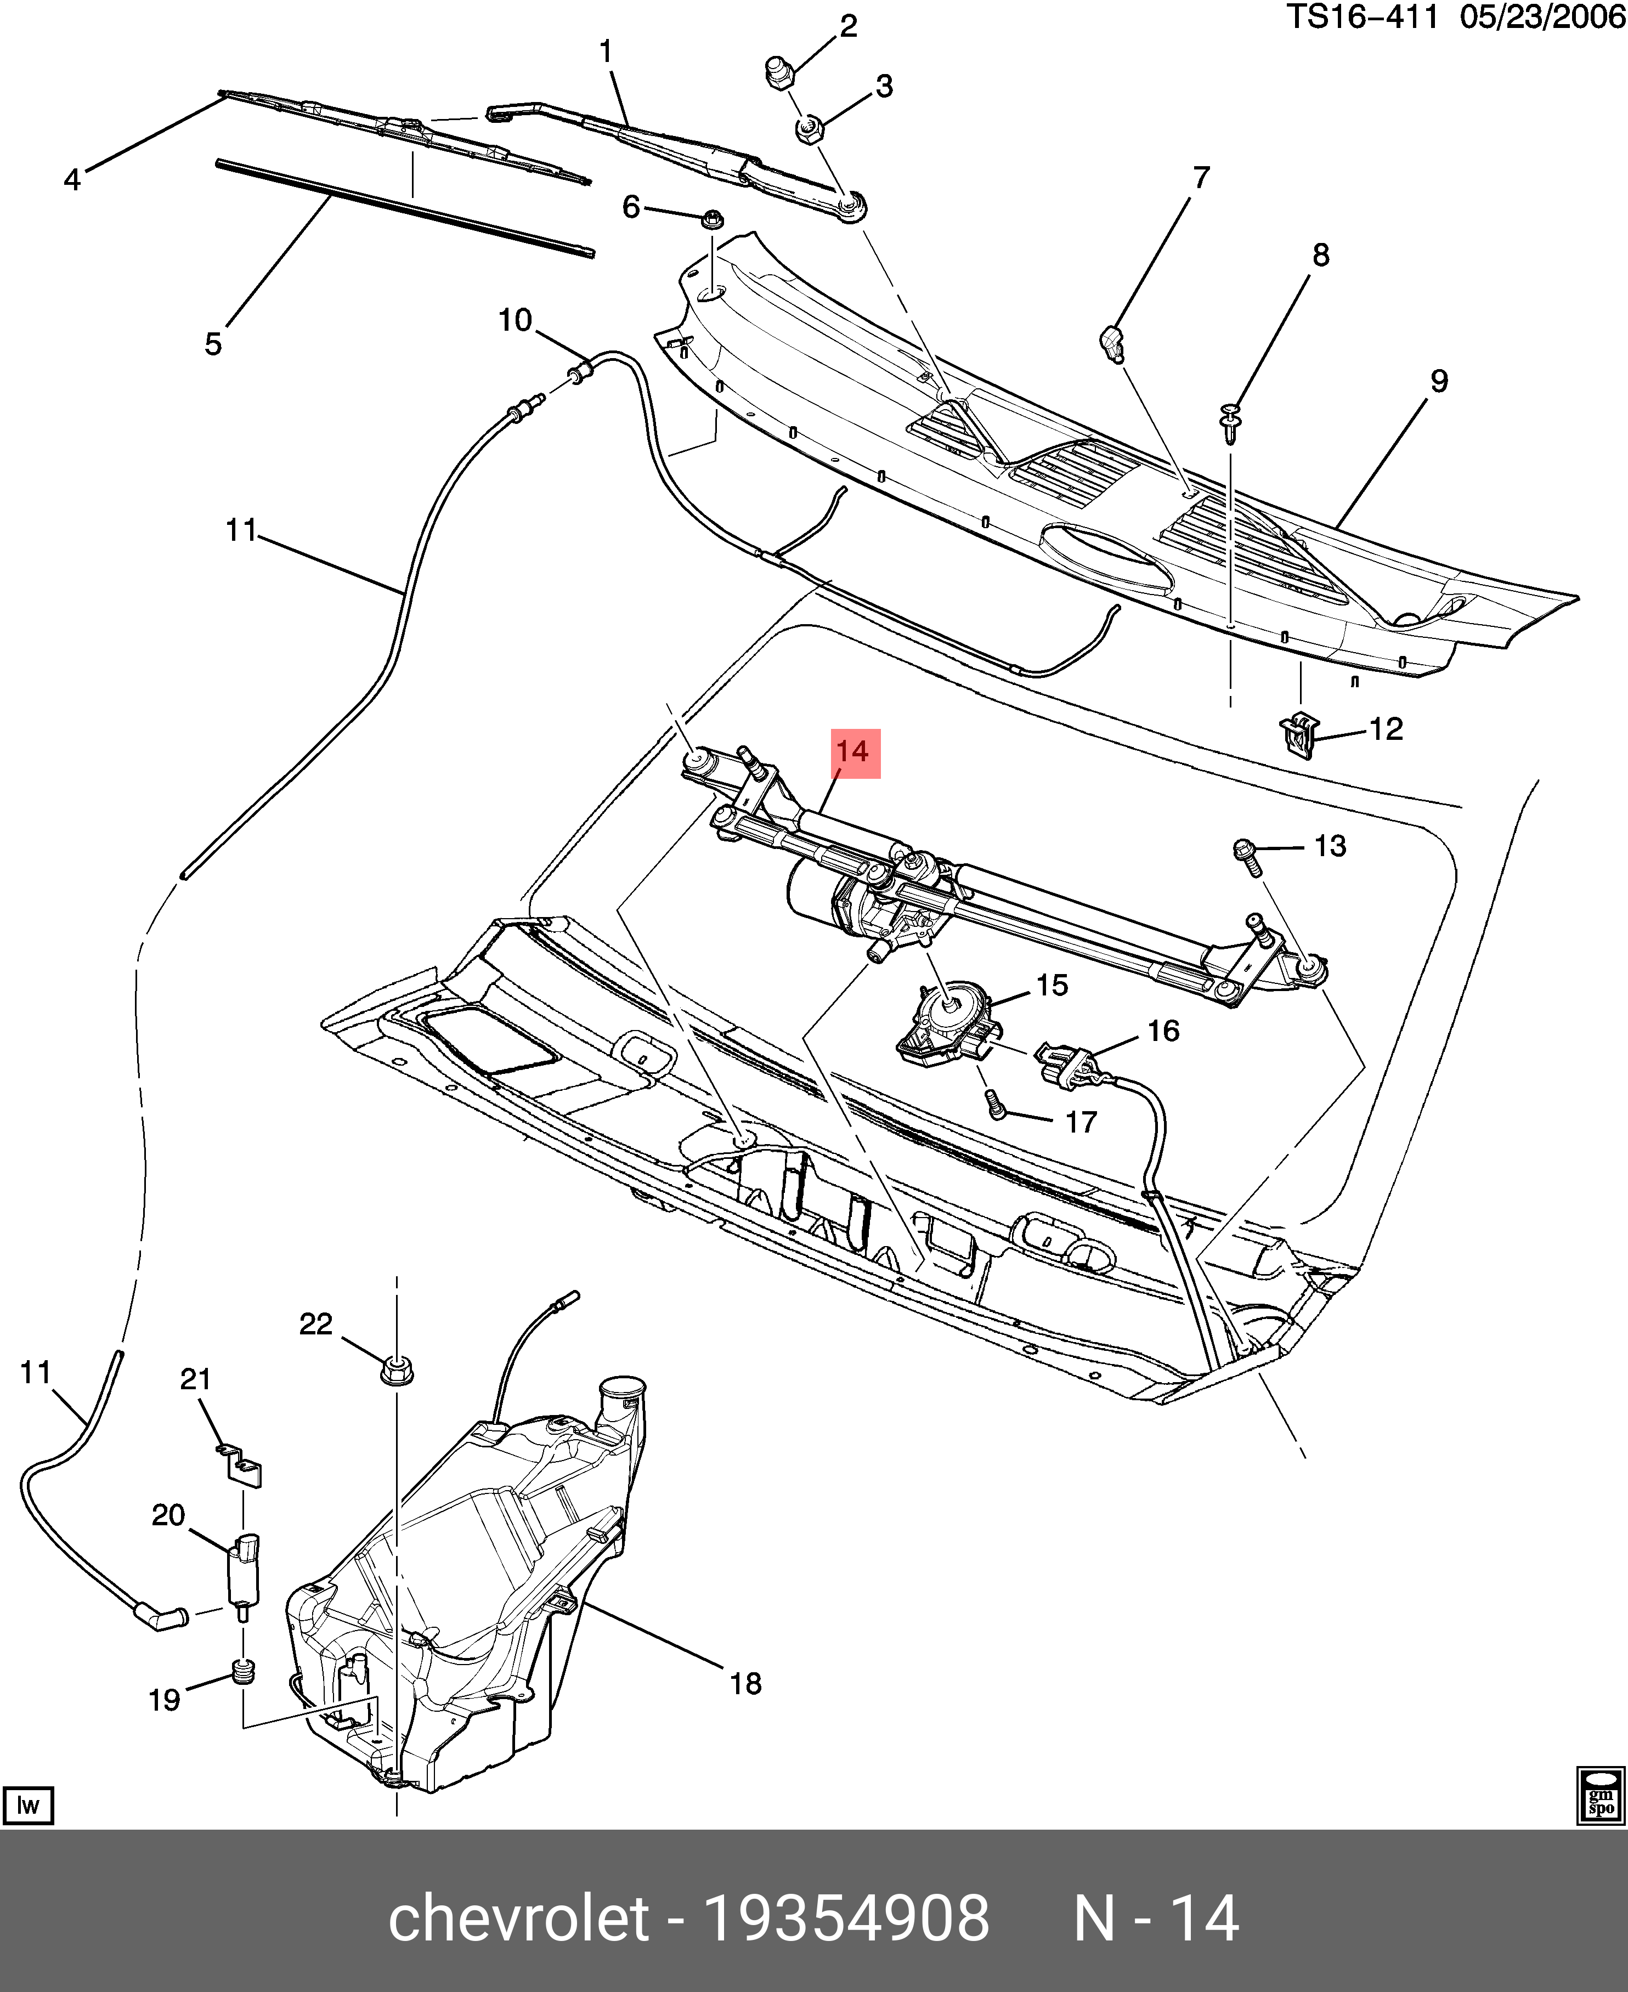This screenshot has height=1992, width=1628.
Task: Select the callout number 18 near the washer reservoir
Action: pos(745,1683)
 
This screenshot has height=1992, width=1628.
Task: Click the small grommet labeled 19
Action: pos(243,1671)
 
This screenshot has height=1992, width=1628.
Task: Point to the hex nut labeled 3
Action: pos(809,131)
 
